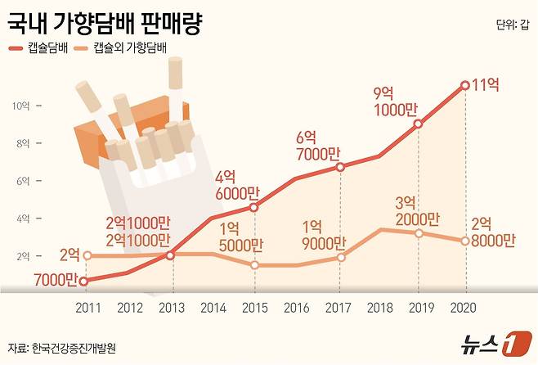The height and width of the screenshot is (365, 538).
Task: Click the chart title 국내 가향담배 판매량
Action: coord(105,22)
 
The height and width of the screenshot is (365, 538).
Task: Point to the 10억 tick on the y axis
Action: coord(21,106)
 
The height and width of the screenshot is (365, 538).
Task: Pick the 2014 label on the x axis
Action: coord(213,307)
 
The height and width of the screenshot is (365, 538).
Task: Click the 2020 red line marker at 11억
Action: coord(464,85)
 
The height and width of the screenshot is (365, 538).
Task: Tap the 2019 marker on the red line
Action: coord(419,124)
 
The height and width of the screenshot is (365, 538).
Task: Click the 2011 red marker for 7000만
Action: coord(86,281)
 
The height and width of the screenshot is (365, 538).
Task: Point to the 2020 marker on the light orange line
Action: coord(464,241)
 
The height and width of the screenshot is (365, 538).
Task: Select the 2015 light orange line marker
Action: coord(254,265)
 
